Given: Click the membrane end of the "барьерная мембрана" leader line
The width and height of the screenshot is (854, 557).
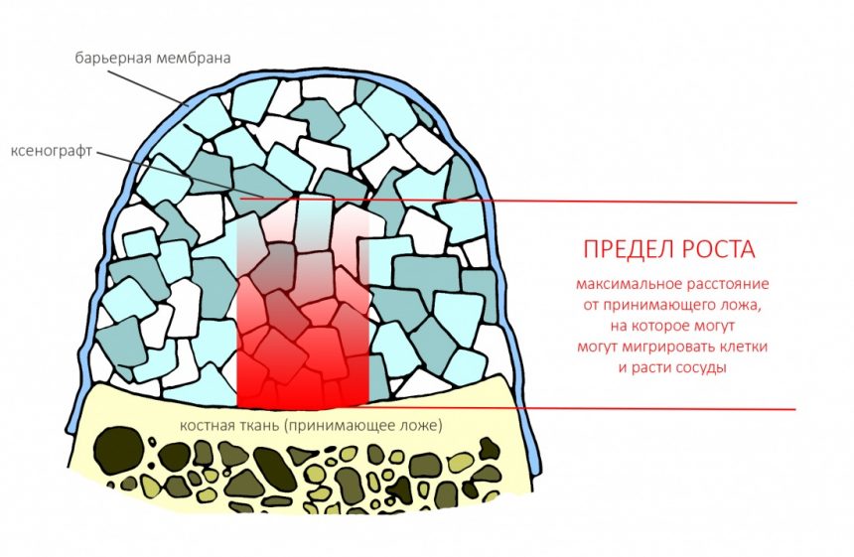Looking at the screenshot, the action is click(189, 105).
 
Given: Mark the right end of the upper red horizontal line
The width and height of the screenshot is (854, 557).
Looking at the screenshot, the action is click(796, 203).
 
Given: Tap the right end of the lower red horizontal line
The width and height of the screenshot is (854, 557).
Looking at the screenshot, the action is click(795, 409).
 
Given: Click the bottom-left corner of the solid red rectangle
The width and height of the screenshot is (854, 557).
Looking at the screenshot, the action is click(237, 407).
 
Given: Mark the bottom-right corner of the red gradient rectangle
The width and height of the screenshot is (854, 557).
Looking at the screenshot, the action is click(368, 407).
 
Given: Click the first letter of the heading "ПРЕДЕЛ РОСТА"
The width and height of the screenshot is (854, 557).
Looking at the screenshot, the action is click(591, 249).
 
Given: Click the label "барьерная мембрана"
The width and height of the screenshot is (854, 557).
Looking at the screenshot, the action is click(153, 58).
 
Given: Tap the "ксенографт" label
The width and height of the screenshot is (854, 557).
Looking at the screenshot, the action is click(52, 151).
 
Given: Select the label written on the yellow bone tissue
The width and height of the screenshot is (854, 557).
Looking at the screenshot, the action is click(311, 425).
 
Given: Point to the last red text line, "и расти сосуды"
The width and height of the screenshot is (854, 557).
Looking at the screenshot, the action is click(672, 367).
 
